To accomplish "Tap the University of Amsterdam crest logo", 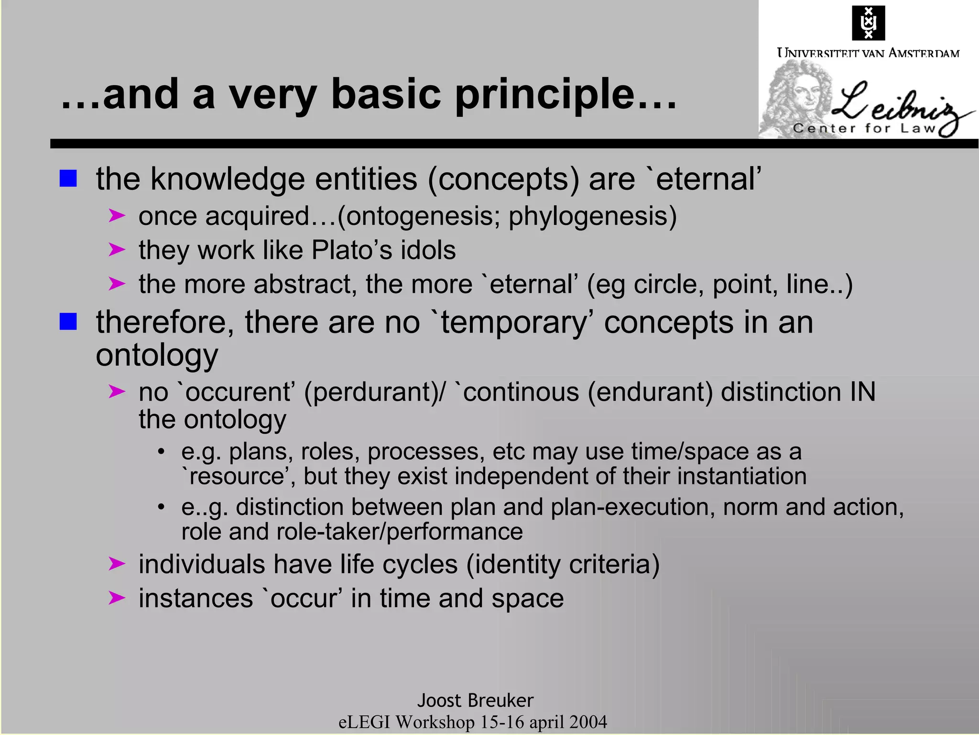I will (x=868, y=22).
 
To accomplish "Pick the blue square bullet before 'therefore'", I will (x=68, y=322).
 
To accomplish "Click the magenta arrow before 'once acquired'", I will (x=117, y=216).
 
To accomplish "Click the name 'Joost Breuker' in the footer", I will (x=475, y=701).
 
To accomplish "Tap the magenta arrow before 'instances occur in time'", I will (x=117, y=598).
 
